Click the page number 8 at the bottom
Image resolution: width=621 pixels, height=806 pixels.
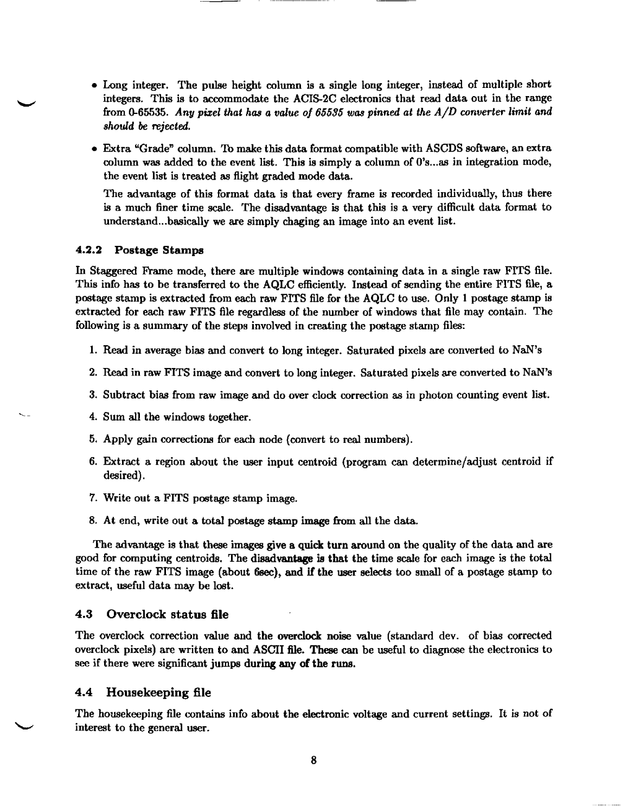(313, 760)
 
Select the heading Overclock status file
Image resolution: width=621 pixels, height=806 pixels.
(167, 614)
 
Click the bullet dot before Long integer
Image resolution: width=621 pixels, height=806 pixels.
(94, 86)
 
